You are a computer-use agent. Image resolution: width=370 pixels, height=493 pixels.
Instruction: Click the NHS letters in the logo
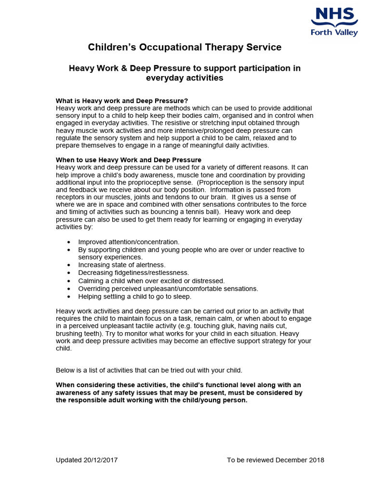pos(334,14)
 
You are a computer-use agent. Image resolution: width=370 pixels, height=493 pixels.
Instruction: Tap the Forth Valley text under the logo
pos(334,33)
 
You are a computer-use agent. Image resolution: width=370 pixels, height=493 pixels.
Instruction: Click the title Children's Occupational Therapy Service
pos(185,47)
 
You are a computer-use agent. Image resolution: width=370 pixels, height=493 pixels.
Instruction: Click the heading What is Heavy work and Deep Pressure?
pos(122,101)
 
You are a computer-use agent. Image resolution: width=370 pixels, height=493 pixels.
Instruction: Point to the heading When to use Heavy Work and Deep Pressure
pos(129,160)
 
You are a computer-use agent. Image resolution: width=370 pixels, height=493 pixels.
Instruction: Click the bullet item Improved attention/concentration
pos(129,242)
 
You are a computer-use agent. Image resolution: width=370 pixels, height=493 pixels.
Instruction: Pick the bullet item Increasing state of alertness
pos(122,265)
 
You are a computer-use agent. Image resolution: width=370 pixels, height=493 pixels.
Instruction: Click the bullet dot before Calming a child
pos(69,281)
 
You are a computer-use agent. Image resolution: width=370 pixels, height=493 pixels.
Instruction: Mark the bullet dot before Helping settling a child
pos(69,297)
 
